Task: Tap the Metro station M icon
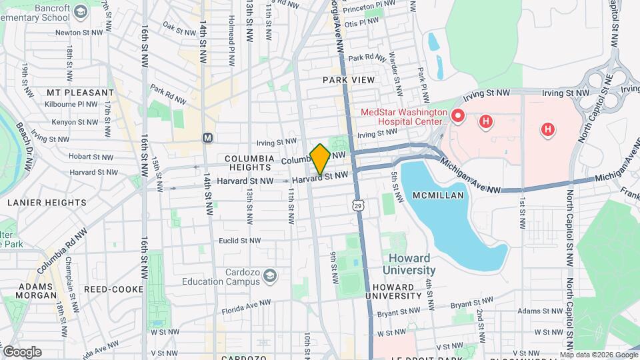coord(207,137)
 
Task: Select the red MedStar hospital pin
coord(457,116)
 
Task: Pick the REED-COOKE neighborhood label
coord(113,289)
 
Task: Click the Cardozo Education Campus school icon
coord(270,275)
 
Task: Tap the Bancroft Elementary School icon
coord(81,11)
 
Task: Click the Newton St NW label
coord(78,32)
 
